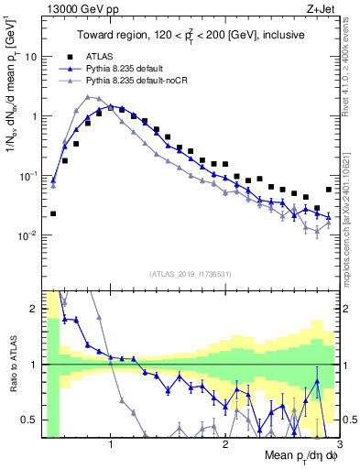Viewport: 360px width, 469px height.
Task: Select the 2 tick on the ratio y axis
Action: click(x=38, y=309)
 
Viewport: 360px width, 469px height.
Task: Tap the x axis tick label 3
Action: click(x=326, y=444)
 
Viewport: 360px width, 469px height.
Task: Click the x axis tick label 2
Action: click(x=225, y=444)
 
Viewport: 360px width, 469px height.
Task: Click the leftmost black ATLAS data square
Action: click(x=53, y=213)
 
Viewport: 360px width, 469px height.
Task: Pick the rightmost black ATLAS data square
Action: click(x=329, y=190)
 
